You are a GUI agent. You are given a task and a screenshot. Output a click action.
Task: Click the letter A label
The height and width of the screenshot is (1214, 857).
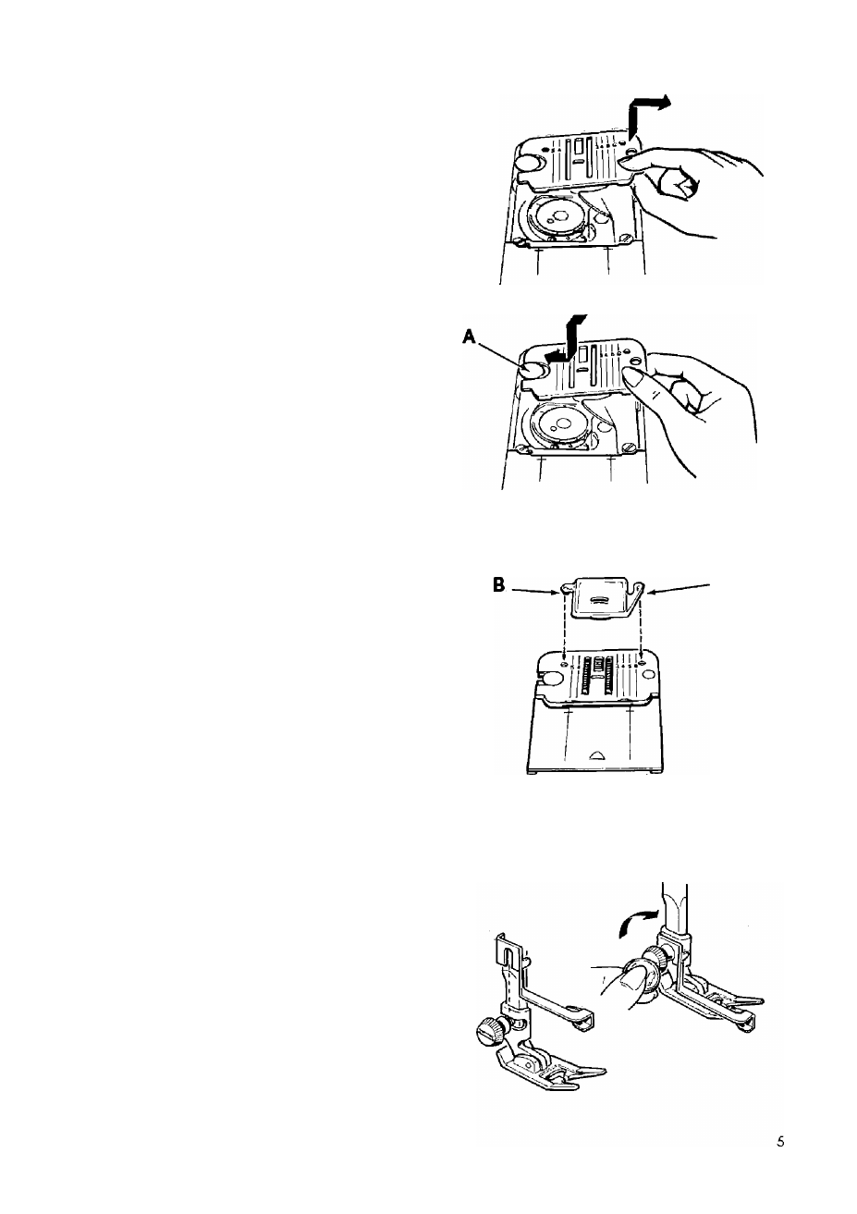pos(469,337)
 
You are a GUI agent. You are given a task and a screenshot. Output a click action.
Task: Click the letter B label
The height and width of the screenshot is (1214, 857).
pos(499,585)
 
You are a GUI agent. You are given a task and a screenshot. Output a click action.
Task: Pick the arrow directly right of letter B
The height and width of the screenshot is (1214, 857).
pos(534,590)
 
